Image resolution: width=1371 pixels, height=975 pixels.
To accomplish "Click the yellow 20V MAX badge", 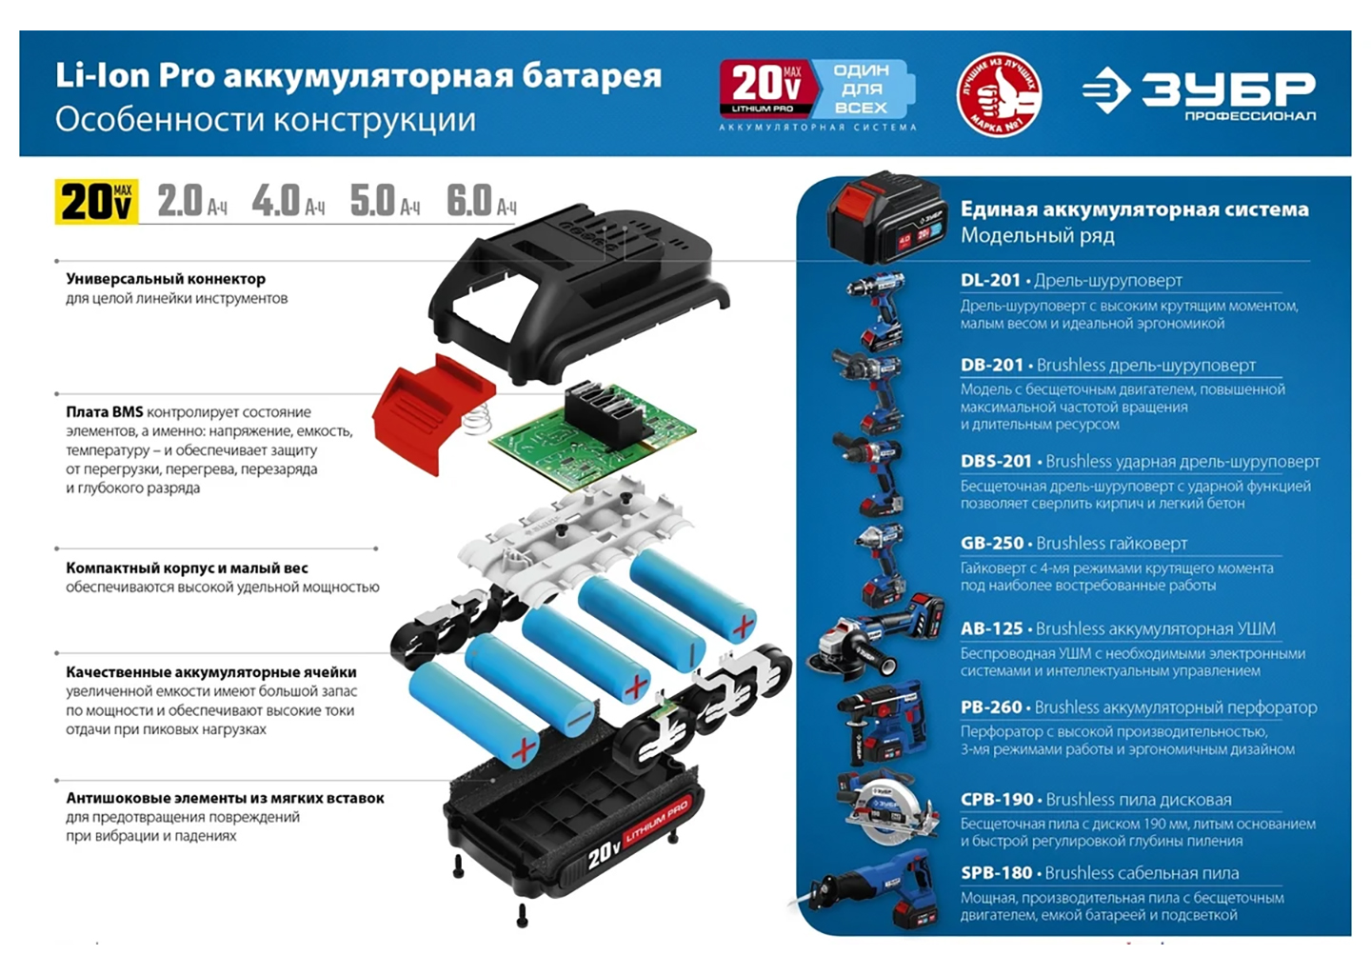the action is (97, 201).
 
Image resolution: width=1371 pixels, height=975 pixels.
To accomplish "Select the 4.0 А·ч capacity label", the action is (288, 200).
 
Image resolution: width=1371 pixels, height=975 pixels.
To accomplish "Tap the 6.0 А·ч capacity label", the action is (482, 200).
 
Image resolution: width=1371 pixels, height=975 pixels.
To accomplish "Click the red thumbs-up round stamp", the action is (999, 93).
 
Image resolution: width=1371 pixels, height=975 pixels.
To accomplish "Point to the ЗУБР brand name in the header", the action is (1228, 89).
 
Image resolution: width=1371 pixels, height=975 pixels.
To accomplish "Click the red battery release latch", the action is (432, 412).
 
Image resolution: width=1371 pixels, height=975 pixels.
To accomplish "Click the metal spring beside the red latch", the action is (478, 419).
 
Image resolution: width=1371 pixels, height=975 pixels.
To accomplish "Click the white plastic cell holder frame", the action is (575, 532).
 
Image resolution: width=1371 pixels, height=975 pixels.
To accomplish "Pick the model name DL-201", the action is (990, 280).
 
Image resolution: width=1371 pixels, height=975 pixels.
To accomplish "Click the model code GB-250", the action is (991, 543).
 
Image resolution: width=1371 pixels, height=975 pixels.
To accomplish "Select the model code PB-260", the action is (991, 707).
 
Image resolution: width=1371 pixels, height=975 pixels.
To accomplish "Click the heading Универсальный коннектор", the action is (166, 279).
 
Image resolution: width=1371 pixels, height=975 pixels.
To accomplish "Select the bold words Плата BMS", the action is (105, 412).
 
